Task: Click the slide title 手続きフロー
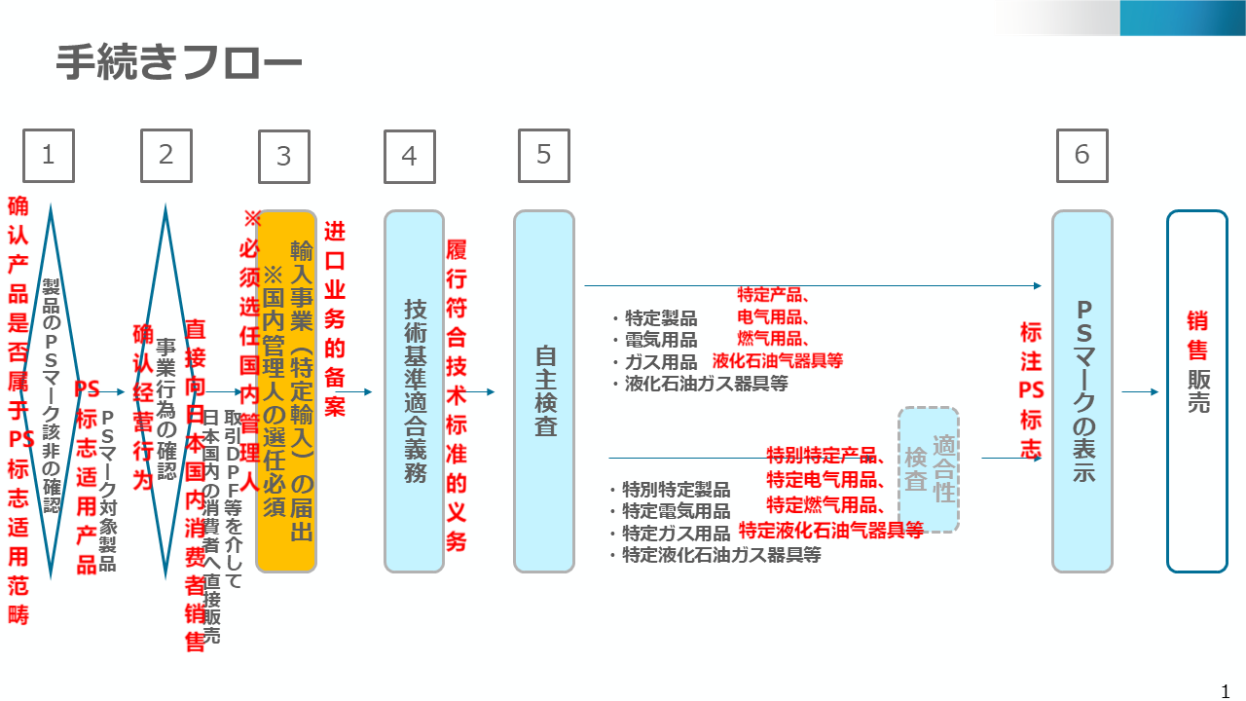point(178,63)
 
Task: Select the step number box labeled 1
point(49,156)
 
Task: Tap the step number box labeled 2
point(165,156)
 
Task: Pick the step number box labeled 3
point(283,157)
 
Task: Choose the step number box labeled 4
point(409,157)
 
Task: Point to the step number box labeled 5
point(543,156)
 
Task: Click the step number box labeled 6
point(1081,156)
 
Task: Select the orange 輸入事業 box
point(286,389)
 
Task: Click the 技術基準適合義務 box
point(414,390)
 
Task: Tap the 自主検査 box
point(544,390)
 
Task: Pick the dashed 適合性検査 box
point(929,469)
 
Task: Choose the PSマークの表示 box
point(1081,390)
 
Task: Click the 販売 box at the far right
point(1197,390)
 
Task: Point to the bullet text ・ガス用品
point(654,362)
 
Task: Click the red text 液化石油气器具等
point(777,361)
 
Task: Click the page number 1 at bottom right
point(1226,692)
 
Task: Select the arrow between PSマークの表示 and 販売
point(1139,392)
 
